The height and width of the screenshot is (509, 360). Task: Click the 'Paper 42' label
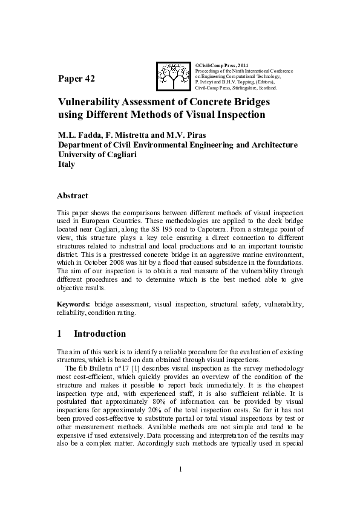(76, 79)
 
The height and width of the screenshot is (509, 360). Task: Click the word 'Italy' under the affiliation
(66, 164)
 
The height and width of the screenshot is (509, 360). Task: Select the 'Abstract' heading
(72, 196)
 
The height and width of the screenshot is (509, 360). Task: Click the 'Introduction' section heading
(100, 334)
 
